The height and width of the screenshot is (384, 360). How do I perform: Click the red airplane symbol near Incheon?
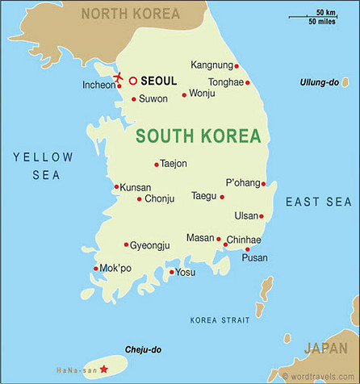119,77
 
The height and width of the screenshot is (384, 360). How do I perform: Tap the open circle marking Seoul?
133,81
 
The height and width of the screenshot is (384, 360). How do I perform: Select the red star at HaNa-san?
103,369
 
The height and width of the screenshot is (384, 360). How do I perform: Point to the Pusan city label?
255,258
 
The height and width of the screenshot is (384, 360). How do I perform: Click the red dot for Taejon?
156,164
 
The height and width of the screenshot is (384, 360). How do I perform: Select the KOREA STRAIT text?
220,320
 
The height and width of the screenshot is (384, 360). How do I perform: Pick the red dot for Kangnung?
236,65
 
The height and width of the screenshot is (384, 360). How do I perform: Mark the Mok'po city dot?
96,269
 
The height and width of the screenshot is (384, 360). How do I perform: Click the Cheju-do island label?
144,349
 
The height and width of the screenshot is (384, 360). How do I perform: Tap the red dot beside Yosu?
171,272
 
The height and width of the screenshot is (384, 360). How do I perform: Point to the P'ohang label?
243,182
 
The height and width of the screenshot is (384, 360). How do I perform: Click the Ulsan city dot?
261,216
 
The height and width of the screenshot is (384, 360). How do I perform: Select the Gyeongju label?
151,244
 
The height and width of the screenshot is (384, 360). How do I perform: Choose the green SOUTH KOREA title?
198,135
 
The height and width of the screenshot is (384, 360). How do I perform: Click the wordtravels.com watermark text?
319,376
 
